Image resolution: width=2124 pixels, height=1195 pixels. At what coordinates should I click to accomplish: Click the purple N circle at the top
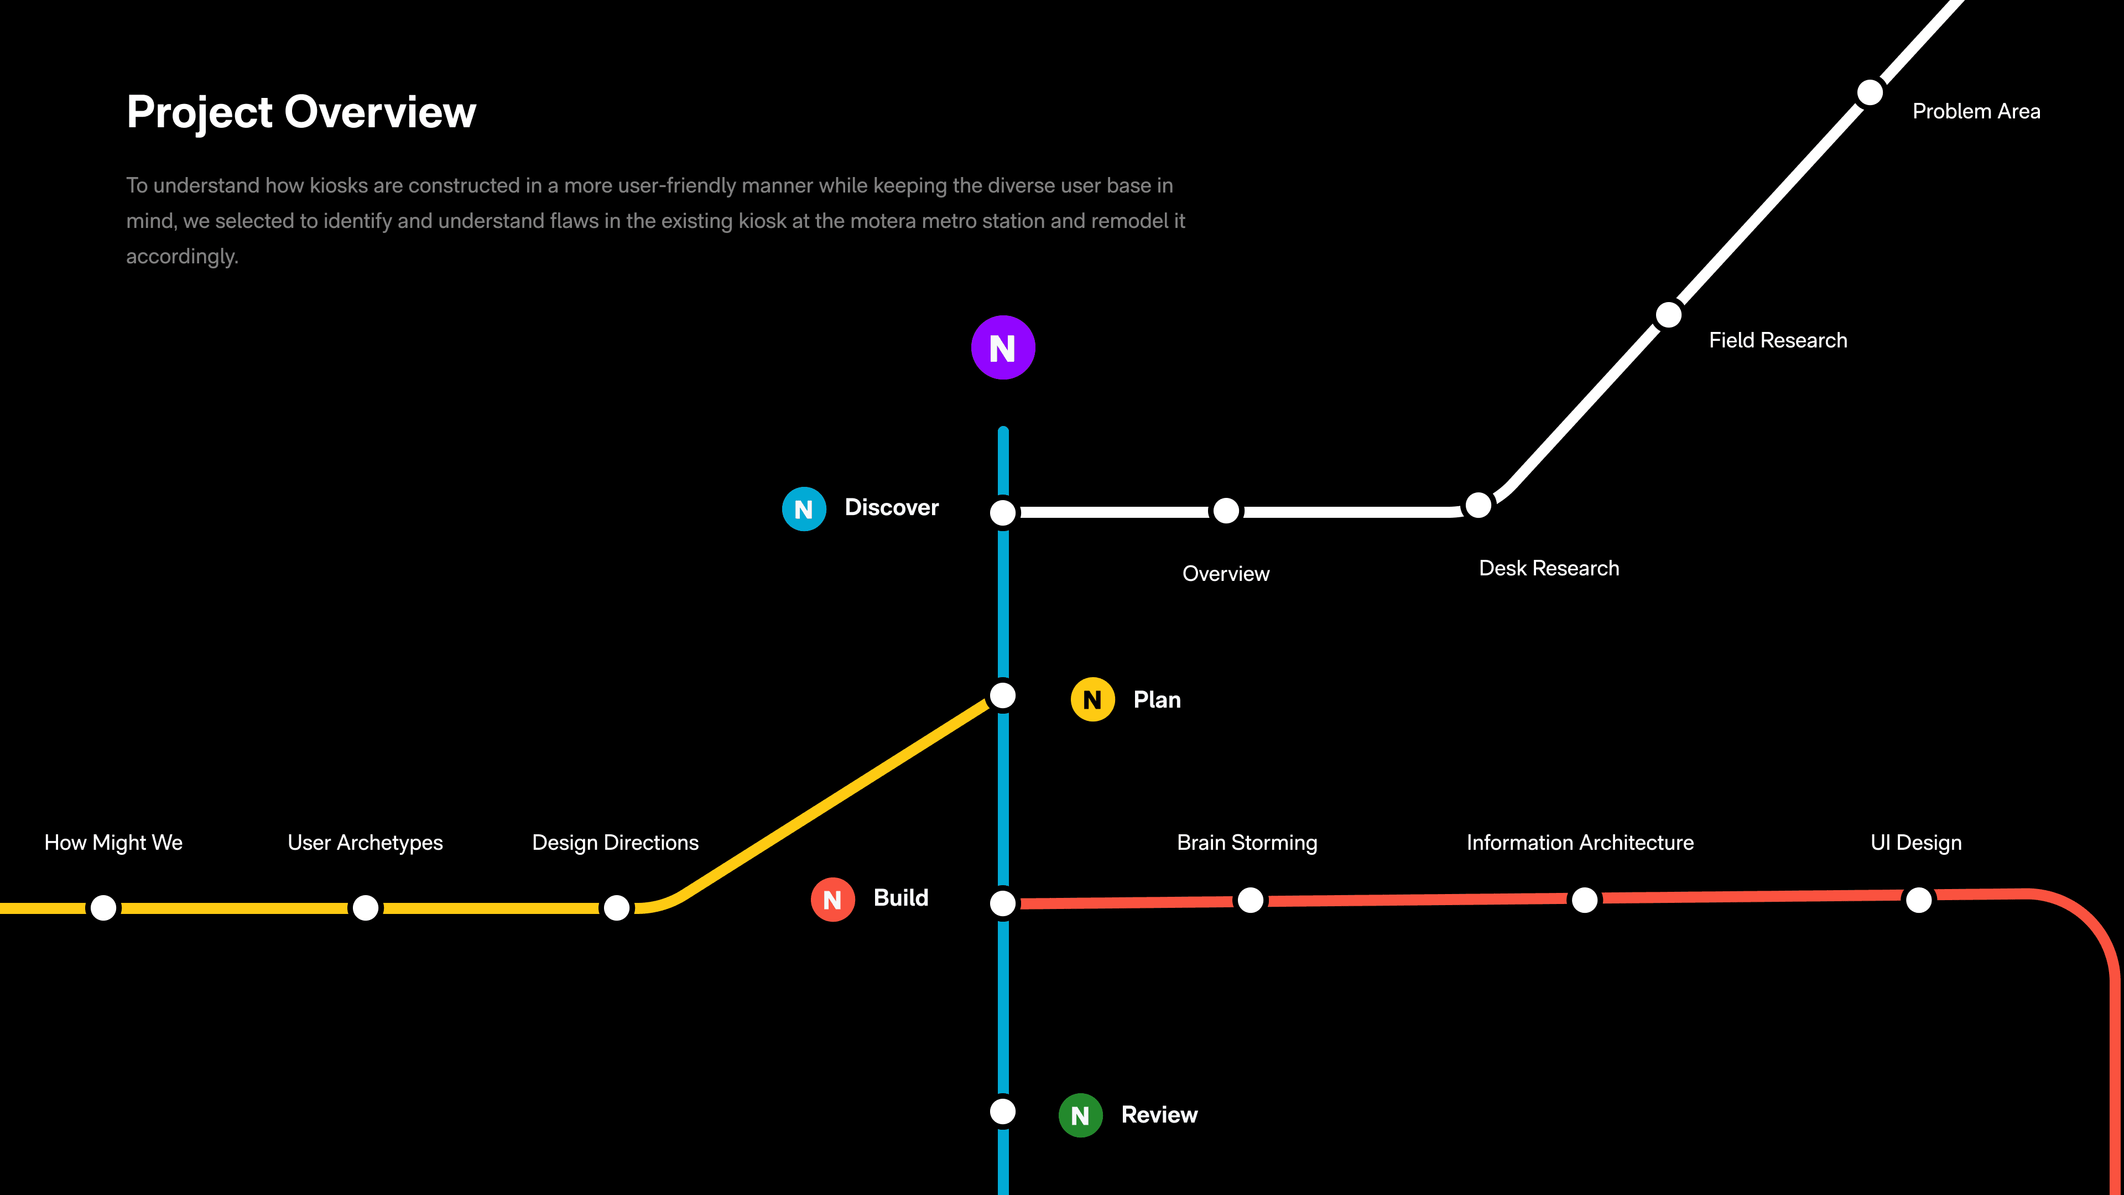pyautogui.click(x=1003, y=347)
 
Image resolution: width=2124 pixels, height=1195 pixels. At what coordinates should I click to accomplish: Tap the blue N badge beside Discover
pyautogui.click(x=804, y=509)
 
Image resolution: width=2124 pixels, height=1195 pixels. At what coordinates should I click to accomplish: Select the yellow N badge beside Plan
pyautogui.click(x=1092, y=699)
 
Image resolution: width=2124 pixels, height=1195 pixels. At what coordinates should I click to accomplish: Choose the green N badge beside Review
pyautogui.click(x=1080, y=1115)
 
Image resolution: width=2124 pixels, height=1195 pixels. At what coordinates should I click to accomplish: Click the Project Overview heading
pyautogui.click(x=301, y=112)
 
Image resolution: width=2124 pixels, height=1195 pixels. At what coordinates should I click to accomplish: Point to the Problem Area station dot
pyautogui.click(x=1869, y=92)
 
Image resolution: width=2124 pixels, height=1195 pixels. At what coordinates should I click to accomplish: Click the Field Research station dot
pyautogui.click(x=1669, y=315)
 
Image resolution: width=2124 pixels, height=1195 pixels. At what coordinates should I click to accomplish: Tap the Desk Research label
pyautogui.click(x=1549, y=568)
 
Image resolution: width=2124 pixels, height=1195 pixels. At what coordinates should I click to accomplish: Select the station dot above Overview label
pyautogui.click(x=1226, y=511)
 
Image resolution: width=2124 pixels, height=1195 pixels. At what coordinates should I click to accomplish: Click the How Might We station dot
pyautogui.click(x=104, y=907)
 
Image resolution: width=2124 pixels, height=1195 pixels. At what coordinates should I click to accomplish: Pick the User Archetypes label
pyautogui.click(x=365, y=842)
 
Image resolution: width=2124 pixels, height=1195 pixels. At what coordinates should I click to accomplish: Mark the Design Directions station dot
pyautogui.click(x=616, y=907)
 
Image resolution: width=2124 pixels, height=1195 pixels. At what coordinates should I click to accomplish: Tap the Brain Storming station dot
pyautogui.click(x=1250, y=900)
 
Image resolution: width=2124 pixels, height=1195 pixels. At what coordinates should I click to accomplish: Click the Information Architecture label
pyautogui.click(x=1580, y=842)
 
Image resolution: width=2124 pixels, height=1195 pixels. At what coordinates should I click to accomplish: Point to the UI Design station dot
pyautogui.click(x=1919, y=900)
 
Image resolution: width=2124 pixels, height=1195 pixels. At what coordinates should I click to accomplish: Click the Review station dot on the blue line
pyautogui.click(x=1003, y=1111)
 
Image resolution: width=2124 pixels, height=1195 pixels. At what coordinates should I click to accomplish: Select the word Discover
pyautogui.click(x=891, y=507)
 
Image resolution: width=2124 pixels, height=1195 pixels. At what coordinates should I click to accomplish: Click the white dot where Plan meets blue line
pyautogui.click(x=1003, y=695)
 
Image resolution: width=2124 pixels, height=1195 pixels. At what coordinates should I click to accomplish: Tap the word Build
pyautogui.click(x=900, y=897)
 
